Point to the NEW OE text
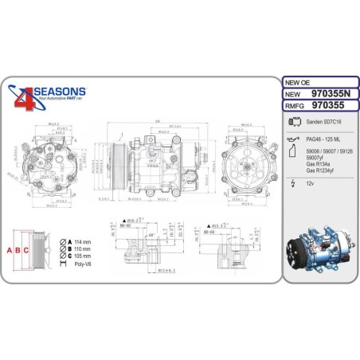pyautogui.click(x=299, y=82)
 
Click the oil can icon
pyautogui.click(x=292, y=139)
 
